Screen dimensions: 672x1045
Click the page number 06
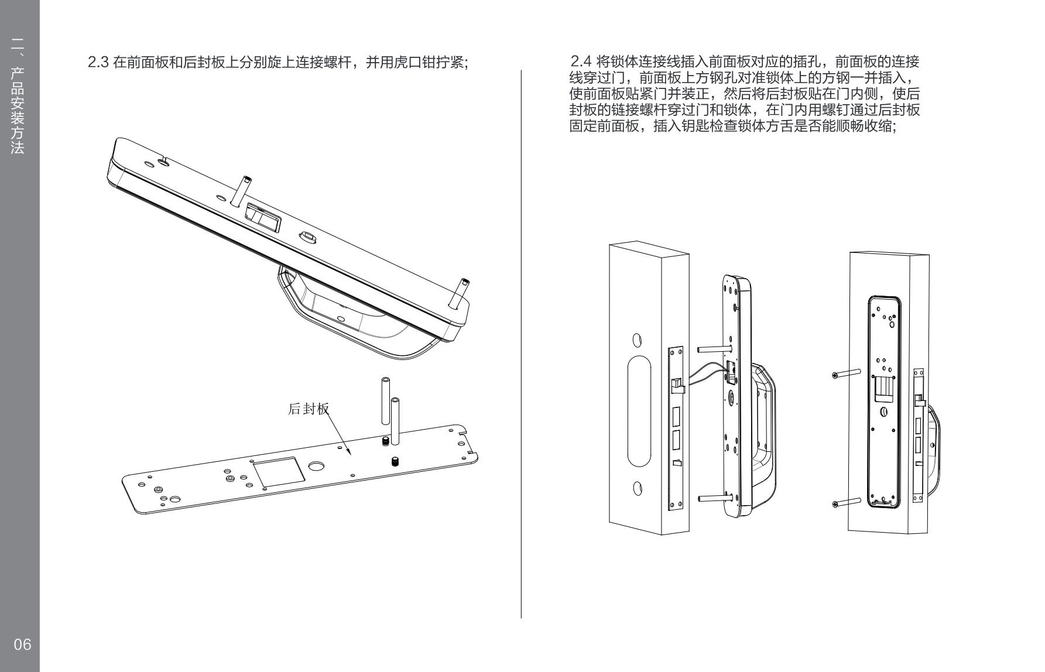click(x=22, y=644)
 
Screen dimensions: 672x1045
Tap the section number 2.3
click(x=98, y=62)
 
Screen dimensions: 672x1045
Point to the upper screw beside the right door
click(x=846, y=373)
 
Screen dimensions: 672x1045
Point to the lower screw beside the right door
click(x=846, y=502)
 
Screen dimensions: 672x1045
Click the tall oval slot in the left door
click(x=639, y=410)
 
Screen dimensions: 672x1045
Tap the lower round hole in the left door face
click(x=638, y=488)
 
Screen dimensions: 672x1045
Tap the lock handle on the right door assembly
click(x=934, y=451)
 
